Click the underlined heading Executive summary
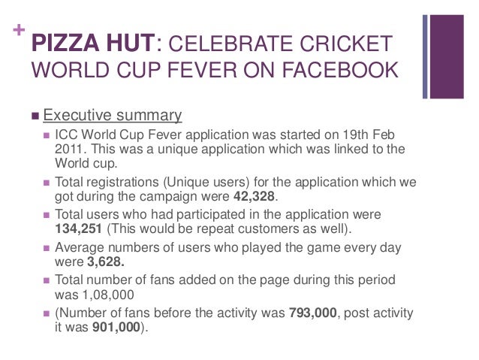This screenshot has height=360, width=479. click(113, 115)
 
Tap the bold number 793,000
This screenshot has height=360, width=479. click(315, 313)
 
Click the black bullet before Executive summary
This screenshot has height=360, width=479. click(35, 116)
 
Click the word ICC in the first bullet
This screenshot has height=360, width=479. click(66, 135)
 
